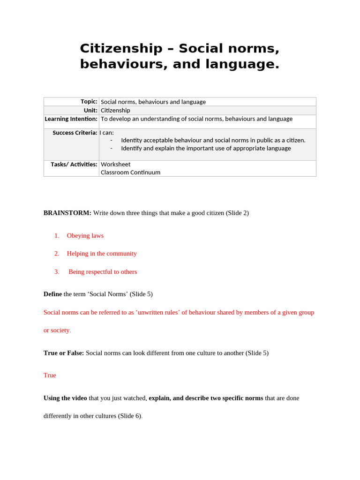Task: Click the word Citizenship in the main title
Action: click(120, 48)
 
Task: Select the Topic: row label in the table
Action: click(89, 102)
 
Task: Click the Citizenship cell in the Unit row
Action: click(115, 111)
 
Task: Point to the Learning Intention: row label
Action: click(71, 119)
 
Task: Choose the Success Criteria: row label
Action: click(75, 133)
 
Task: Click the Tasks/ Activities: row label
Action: click(74, 165)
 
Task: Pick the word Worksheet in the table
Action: click(115, 165)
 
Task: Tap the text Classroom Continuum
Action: click(130, 172)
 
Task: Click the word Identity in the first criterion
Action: click(132, 140)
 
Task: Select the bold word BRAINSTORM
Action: click(67, 213)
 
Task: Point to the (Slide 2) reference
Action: click(237, 213)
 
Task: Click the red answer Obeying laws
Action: click(85, 236)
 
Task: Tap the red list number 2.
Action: click(57, 254)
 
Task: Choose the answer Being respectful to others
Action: click(103, 272)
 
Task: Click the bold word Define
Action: click(52, 294)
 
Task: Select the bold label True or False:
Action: click(64, 353)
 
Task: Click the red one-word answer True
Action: click(50, 375)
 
